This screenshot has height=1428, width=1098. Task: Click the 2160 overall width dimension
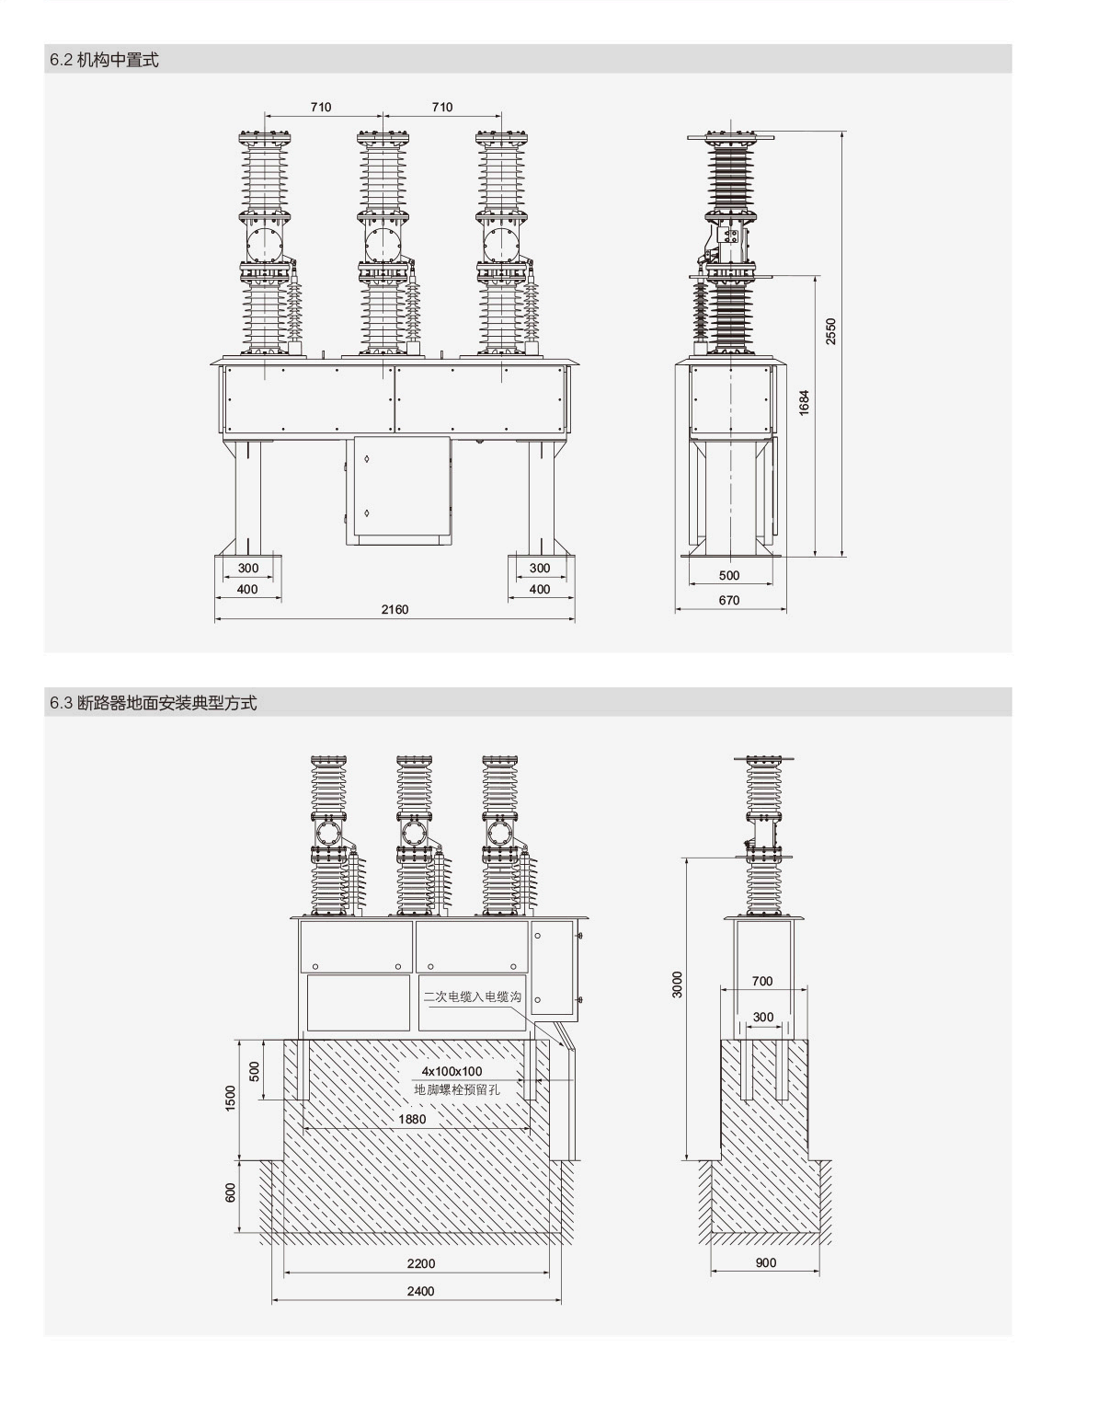[x=395, y=609]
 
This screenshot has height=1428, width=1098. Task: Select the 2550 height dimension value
[x=830, y=331]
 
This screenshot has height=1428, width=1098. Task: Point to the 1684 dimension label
[x=804, y=403]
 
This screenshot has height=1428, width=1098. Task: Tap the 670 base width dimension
[x=728, y=600]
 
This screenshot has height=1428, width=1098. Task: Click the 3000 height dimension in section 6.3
[x=678, y=984]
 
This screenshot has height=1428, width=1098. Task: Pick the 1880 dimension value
[x=412, y=1119]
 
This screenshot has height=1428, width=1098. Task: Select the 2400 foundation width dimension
[x=420, y=1291]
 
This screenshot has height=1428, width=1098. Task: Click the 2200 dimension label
[x=420, y=1263]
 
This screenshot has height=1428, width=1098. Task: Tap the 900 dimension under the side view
[x=766, y=1262]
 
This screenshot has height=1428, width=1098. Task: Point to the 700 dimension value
[x=762, y=981]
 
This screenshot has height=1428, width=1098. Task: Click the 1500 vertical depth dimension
[x=231, y=1098]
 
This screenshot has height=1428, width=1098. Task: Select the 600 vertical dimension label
[x=231, y=1192]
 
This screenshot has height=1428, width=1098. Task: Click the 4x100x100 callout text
[x=452, y=1071]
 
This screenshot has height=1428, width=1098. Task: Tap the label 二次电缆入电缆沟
[x=472, y=996]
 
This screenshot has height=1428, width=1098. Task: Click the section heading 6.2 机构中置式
[x=104, y=60]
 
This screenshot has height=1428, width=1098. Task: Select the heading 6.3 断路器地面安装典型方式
[x=154, y=703]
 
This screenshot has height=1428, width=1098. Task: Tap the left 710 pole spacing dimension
[x=320, y=107]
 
